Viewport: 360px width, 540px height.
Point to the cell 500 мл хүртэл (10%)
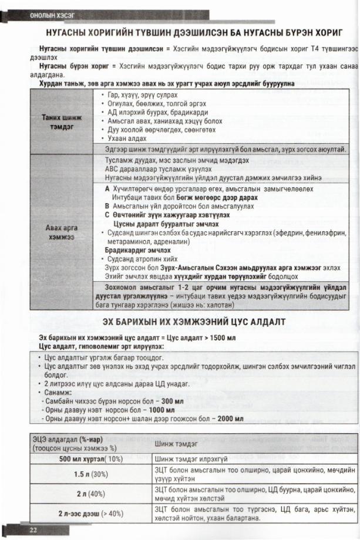coord(91,458)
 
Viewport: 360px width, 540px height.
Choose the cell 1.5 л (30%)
coord(91,473)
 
